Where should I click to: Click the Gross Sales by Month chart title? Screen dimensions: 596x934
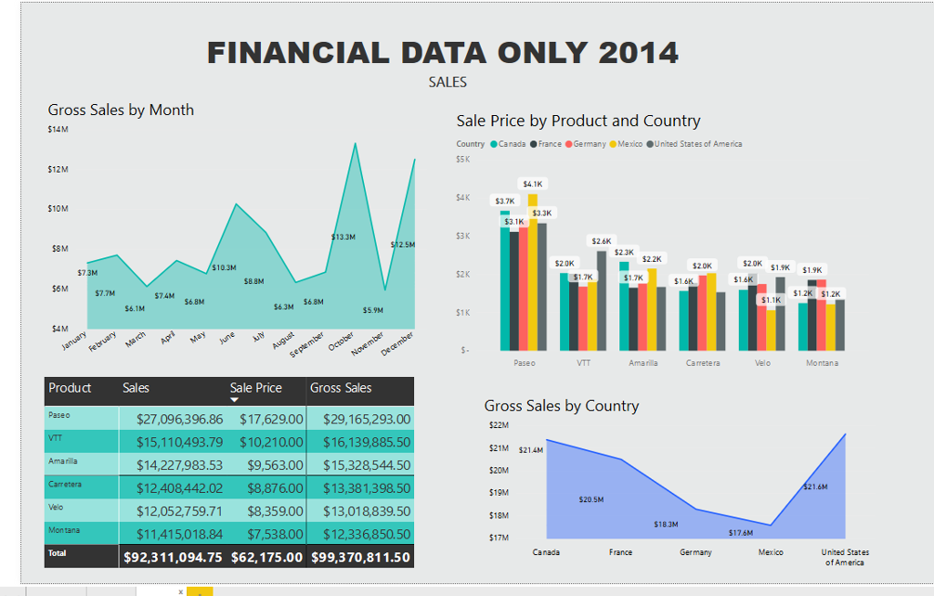120,110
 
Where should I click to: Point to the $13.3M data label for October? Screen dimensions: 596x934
343,236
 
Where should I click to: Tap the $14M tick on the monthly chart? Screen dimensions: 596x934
58,130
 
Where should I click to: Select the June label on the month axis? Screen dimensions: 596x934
227,338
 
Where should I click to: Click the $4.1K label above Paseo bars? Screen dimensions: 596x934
533,183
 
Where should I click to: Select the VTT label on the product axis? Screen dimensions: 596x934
584,362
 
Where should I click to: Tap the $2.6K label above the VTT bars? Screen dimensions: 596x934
602,241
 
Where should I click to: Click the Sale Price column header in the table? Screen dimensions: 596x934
255,388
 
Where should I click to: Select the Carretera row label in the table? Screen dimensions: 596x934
65,484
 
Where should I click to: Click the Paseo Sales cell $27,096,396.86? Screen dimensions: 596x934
179,419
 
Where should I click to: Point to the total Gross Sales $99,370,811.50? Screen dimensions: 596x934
360,557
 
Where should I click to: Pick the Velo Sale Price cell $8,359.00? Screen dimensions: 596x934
270,511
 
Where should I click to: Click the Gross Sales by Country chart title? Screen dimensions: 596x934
561,406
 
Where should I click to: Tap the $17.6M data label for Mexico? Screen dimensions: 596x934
741,532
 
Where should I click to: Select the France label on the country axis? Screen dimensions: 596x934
621,552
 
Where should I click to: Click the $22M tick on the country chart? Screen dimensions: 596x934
499,425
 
